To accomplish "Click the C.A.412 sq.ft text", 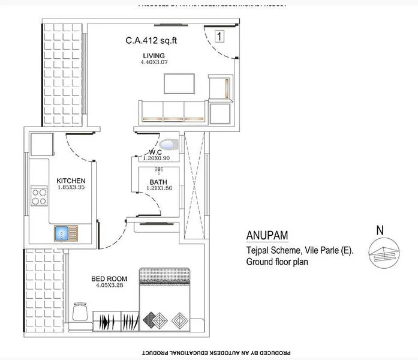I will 152,41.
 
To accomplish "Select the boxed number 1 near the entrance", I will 219,37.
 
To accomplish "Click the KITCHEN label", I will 71,181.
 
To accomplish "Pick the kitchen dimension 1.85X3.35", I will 71,187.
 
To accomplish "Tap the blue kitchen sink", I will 61,232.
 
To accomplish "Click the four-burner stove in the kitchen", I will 40,197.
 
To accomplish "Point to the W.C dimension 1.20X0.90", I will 157,158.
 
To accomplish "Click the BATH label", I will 158,182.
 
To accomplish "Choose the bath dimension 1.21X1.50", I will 158,189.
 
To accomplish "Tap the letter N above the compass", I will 379,229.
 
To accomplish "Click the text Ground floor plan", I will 281,262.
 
